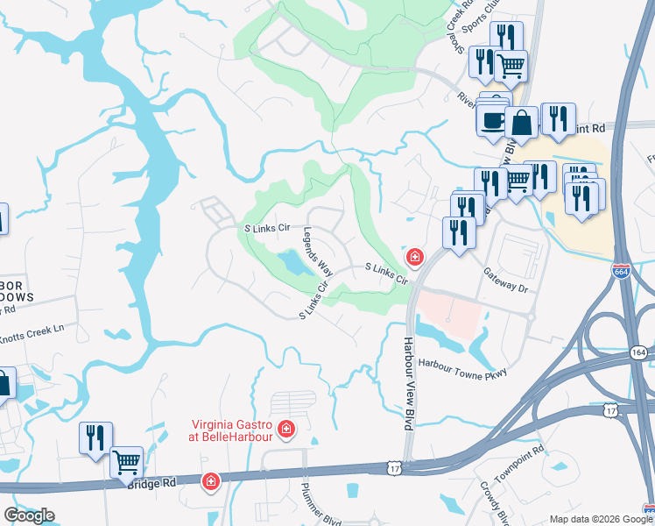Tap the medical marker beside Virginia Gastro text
(x=285, y=429)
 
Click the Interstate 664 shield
(x=621, y=271)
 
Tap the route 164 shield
(x=638, y=352)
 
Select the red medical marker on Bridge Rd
(x=211, y=482)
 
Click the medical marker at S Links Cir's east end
(x=415, y=257)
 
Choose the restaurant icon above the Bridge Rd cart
(x=95, y=436)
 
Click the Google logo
(x=29, y=515)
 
